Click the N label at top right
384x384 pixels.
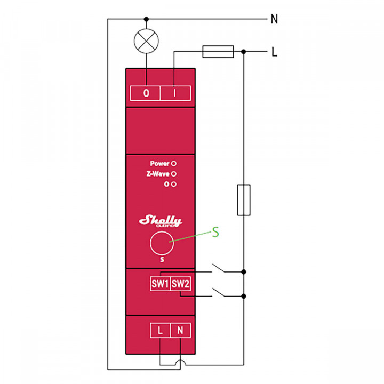coord(274,19)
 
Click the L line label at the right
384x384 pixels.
coord(274,52)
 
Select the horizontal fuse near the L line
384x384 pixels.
coord(218,51)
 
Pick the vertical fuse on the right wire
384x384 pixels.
coord(244,200)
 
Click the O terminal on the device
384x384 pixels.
coord(146,92)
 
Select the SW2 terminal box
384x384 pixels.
coord(180,284)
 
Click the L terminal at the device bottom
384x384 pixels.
coord(160,330)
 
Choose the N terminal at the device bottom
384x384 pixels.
coord(180,330)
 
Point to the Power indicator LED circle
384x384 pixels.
coord(174,164)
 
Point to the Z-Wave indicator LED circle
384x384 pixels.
coord(174,174)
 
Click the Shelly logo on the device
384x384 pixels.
coord(160,221)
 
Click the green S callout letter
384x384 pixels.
coord(215,233)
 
